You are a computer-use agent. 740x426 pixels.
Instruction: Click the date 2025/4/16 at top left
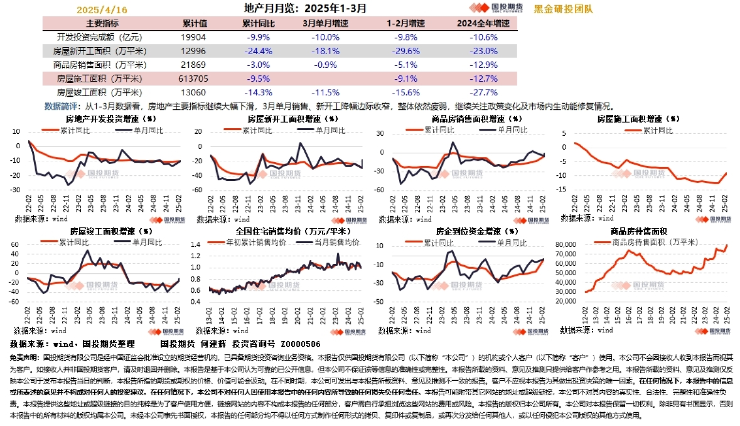click(102, 10)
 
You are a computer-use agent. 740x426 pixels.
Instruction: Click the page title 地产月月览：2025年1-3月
click(305, 9)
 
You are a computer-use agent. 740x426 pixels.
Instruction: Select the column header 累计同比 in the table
click(255, 23)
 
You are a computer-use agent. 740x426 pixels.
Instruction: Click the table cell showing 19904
click(195, 37)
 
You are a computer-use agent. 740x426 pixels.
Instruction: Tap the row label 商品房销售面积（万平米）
click(100, 65)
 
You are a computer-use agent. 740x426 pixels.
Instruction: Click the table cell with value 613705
click(195, 79)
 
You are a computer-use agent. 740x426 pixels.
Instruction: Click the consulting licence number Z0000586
click(301, 344)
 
